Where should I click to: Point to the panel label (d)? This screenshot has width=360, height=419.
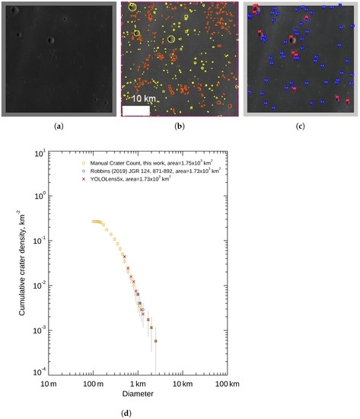point(180,412)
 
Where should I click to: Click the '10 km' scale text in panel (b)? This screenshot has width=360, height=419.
point(142,99)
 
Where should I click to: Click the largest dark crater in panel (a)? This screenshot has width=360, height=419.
point(50,40)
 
